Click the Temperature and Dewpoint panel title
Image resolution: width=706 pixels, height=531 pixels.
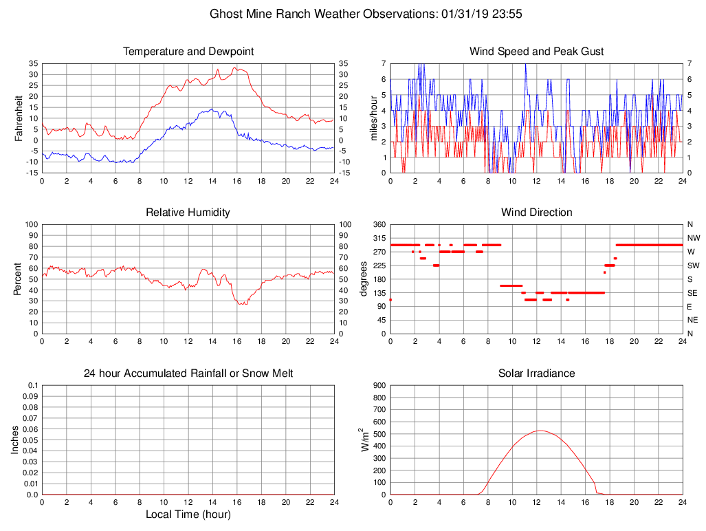click(x=188, y=52)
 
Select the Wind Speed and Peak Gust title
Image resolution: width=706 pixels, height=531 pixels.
click(x=536, y=52)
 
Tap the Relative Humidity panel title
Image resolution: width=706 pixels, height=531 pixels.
click(x=188, y=213)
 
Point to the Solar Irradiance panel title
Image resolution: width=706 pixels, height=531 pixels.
click(x=536, y=373)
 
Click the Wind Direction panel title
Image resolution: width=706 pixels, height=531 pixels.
click(x=536, y=213)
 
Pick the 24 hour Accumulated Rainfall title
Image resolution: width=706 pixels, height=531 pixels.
click(x=188, y=373)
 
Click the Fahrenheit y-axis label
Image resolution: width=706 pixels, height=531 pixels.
click(x=19, y=118)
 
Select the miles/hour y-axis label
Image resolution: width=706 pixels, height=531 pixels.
click(x=375, y=118)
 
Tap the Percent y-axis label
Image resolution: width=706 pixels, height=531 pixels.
click(x=18, y=279)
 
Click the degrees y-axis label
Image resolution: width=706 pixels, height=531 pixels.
click(x=364, y=279)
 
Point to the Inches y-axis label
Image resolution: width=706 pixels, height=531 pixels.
click(x=15, y=440)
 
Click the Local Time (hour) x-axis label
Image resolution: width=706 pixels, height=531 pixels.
click(x=188, y=514)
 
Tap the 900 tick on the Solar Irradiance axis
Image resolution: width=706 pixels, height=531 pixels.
click(x=379, y=386)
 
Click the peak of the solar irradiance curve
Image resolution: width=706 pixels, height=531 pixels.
click(x=540, y=431)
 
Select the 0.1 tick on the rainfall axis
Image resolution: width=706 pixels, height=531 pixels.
click(x=32, y=386)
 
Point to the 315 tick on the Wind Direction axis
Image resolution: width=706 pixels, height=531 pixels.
click(x=379, y=238)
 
